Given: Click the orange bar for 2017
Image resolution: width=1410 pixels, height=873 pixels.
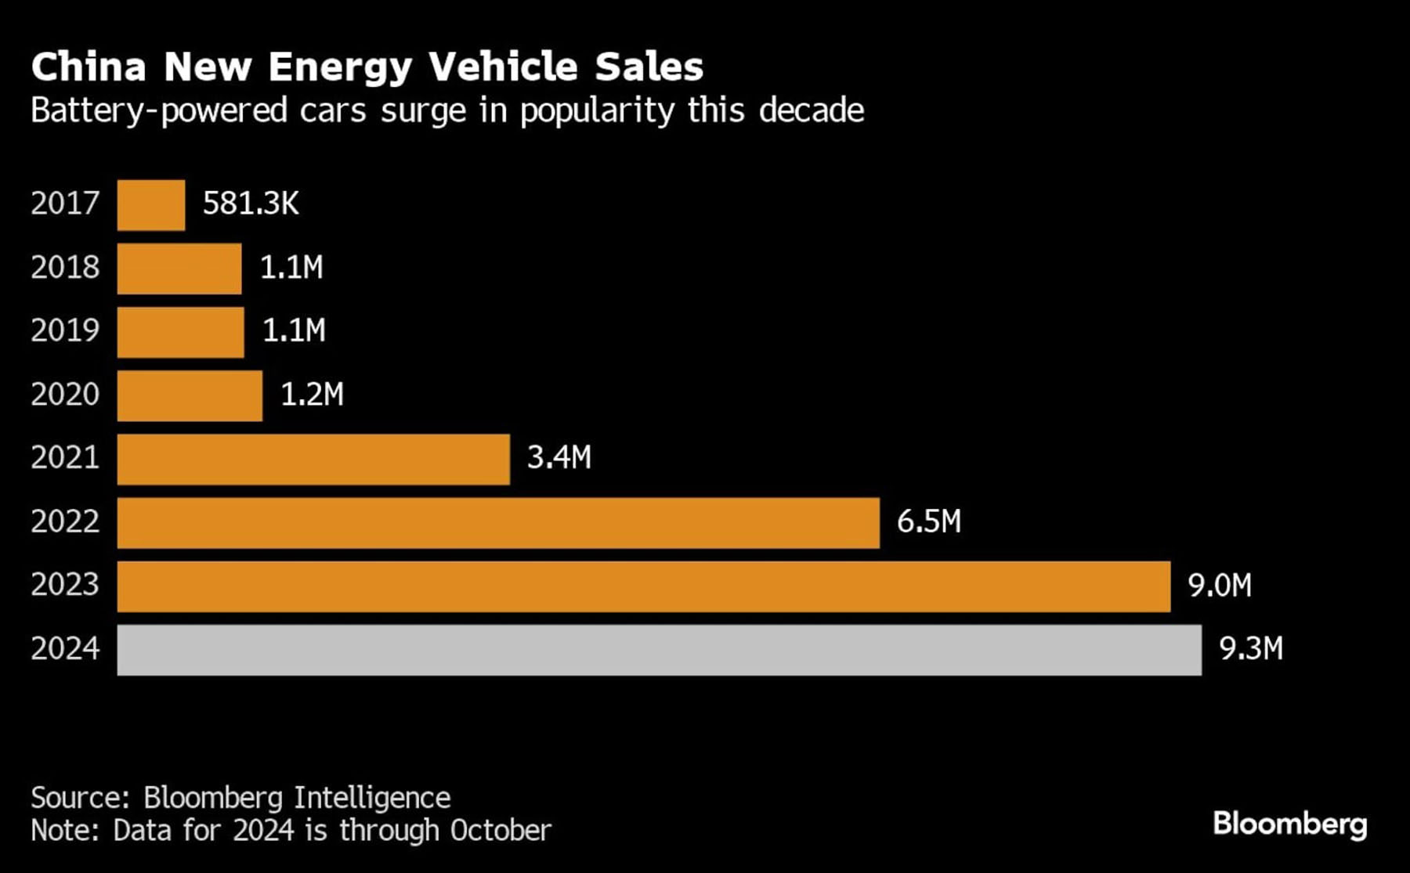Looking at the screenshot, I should click(151, 205).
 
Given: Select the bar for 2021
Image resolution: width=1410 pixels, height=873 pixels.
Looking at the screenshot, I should click(313, 460).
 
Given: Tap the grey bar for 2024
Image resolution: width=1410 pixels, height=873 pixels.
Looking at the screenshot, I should click(659, 650).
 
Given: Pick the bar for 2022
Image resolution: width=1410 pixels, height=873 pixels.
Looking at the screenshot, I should click(498, 523).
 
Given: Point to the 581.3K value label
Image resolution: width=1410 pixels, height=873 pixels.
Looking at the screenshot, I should click(251, 204).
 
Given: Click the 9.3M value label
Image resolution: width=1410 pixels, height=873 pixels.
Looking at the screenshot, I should click(1251, 649).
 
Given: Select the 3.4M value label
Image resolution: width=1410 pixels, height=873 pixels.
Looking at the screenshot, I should click(559, 457).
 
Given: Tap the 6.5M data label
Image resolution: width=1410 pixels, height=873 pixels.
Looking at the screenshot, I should click(928, 521).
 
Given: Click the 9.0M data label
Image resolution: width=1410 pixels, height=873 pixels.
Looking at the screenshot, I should click(1220, 586).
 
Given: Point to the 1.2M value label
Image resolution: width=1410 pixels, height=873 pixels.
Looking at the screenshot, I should click(312, 394).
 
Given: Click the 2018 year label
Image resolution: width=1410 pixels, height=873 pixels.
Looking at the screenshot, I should click(65, 268).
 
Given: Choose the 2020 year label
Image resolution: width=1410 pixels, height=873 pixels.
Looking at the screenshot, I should click(65, 394).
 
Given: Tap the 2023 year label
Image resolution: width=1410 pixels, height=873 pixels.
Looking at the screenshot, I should click(65, 585).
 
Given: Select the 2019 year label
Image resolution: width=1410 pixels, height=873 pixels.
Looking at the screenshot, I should click(65, 330).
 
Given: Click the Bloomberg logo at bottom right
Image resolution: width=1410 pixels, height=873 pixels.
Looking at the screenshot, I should click(1289, 824).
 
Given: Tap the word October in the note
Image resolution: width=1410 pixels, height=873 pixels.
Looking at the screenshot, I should click(501, 831).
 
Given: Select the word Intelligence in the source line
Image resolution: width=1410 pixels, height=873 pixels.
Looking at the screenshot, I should click(372, 798).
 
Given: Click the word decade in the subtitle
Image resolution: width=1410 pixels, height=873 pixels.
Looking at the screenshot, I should click(811, 111).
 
